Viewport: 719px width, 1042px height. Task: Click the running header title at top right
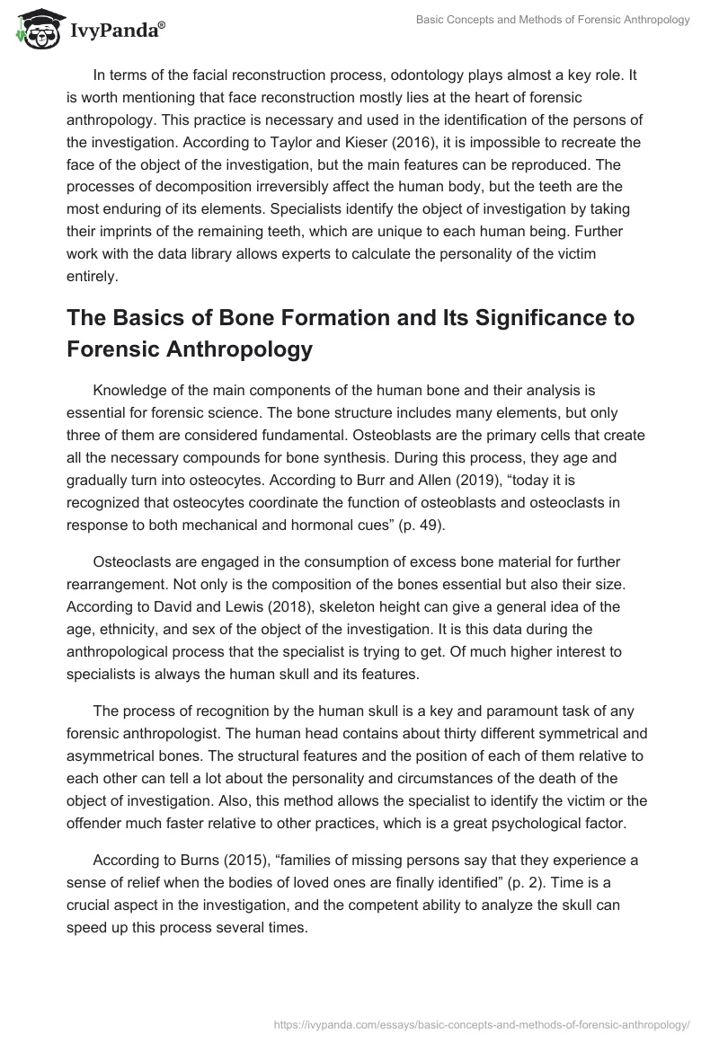pyautogui.click(x=554, y=20)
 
